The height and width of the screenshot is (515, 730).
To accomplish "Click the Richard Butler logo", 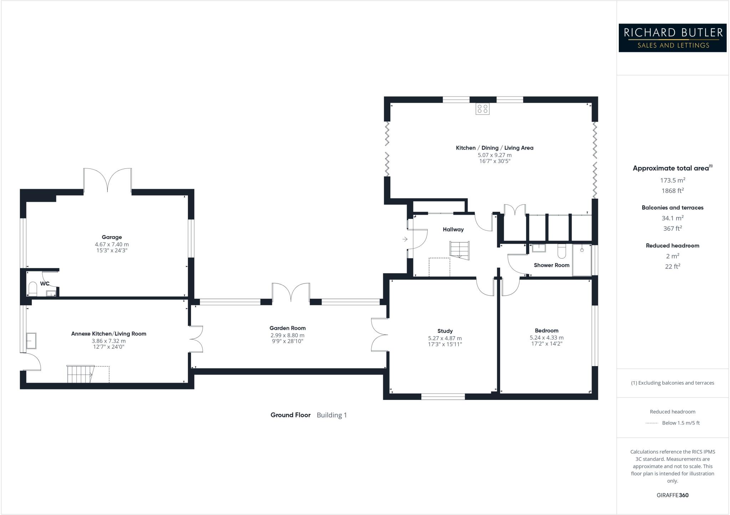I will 672,38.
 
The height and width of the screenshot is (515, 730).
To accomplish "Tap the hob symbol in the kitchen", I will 482,109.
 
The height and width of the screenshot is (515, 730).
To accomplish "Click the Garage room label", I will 112,237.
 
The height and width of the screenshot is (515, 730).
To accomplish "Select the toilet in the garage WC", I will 33,289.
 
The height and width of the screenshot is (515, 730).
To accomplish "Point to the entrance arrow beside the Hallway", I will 405,239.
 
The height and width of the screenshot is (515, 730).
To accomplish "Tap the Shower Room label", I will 551,265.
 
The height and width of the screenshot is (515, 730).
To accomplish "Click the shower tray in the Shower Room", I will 582,260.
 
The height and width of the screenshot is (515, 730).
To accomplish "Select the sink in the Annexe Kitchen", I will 31,341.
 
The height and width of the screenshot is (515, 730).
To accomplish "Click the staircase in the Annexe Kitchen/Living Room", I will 81,374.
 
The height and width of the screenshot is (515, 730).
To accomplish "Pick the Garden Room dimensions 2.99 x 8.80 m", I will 287,335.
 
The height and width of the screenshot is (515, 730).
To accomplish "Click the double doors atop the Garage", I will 107,180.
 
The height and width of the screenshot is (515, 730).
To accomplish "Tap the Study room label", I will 445,331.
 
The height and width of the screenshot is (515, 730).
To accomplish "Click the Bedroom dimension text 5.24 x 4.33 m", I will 546,338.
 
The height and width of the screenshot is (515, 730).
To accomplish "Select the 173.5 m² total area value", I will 672,180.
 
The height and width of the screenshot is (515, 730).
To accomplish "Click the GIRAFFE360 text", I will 672,495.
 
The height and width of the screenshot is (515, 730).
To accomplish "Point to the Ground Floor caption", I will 291,415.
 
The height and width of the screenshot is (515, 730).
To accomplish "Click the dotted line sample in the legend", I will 652,423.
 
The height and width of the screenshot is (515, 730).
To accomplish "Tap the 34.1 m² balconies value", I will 672,218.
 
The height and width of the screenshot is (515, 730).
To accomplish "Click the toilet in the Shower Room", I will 561,251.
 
